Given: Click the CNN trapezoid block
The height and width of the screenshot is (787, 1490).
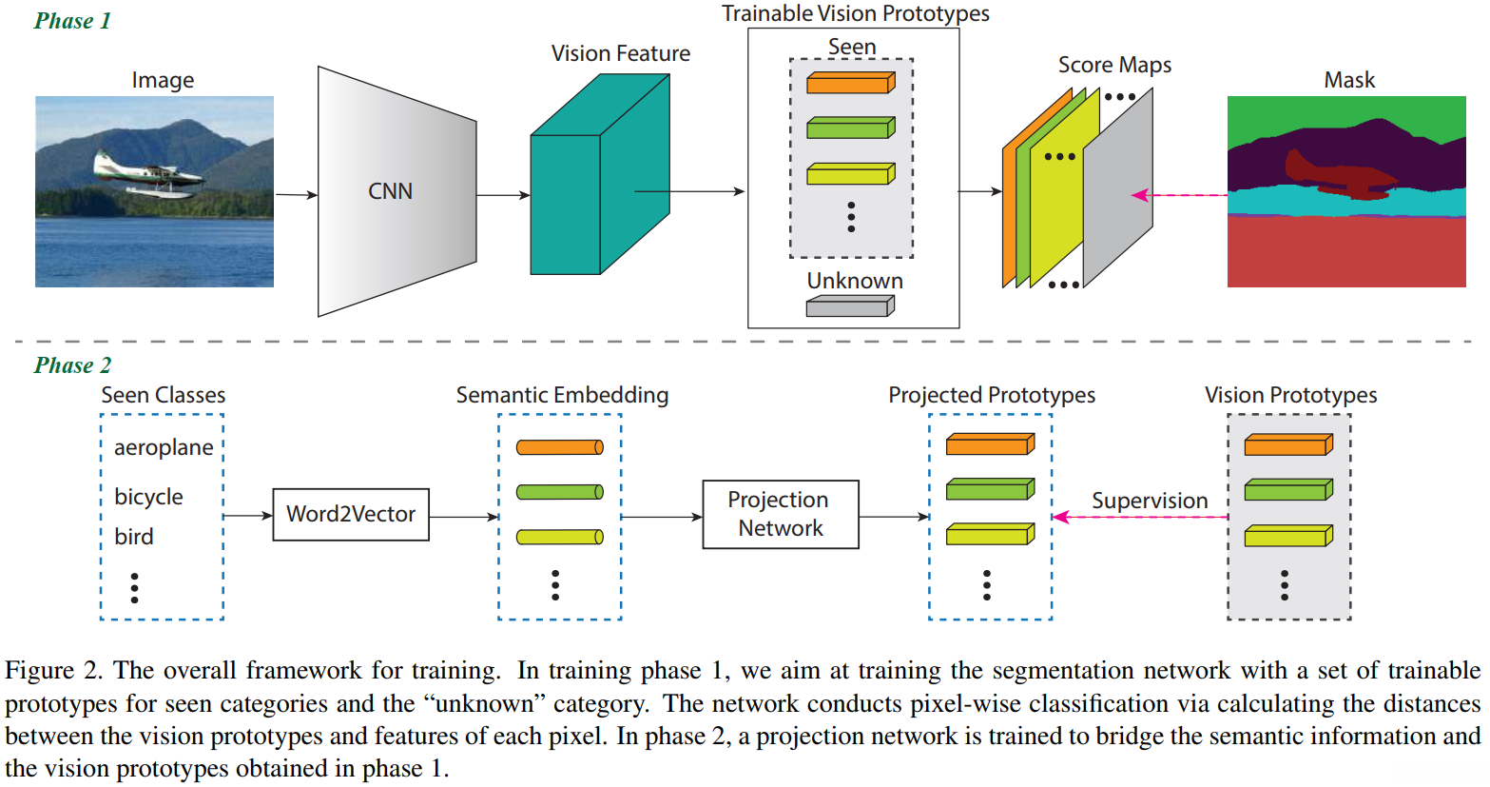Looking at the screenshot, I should [396, 191].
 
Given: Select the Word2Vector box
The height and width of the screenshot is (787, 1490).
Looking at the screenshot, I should [351, 515].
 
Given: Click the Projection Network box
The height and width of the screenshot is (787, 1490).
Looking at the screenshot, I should [780, 514].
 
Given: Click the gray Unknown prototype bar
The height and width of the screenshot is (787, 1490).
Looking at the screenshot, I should [850, 306].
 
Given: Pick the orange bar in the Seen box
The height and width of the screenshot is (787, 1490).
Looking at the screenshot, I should [850, 84].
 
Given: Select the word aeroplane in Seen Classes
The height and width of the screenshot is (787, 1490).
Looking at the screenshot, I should [164, 447].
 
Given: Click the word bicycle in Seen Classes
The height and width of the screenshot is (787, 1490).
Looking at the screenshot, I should [148, 497].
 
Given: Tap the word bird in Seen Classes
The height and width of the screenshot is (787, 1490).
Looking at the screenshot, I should [134, 537].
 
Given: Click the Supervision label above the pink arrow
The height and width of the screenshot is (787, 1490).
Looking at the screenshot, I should [1149, 501].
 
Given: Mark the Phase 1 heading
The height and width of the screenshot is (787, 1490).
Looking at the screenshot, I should [72, 21].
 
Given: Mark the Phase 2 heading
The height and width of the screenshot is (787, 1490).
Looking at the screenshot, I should [72, 365].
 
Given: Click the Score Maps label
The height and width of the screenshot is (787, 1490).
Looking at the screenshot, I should [1114, 65].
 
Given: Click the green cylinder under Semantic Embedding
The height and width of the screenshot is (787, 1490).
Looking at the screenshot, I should [559, 492].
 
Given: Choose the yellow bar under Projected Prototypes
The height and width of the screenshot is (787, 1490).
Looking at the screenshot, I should [990, 534].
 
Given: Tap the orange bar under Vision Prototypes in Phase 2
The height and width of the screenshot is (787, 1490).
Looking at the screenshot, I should [1288, 444].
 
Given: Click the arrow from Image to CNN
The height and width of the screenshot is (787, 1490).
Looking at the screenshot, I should [296, 195].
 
